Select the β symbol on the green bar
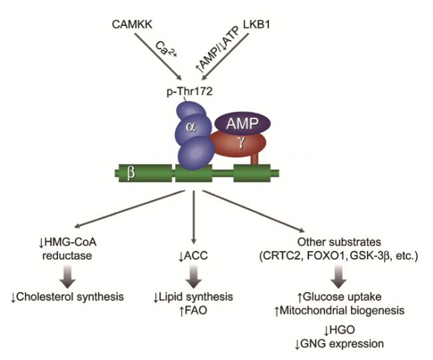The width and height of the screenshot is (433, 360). pos(132,176)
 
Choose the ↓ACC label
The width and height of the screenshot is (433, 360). pos(193,237)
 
